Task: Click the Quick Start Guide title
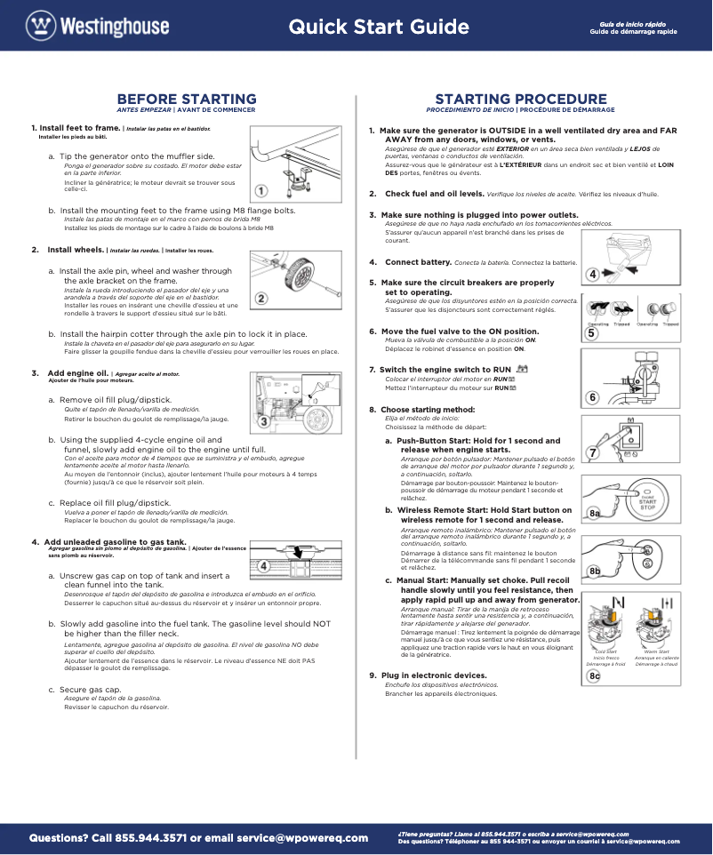pos(379,27)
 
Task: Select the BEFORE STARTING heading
pos(187,99)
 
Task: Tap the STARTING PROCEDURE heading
pos(521,99)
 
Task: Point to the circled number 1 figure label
pos(260,190)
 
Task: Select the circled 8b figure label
pos(596,570)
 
